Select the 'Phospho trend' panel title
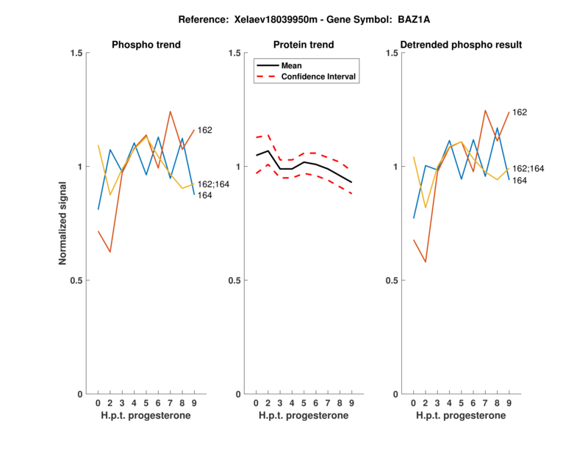pyautogui.click(x=146, y=45)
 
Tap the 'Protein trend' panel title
pyautogui.click(x=304, y=45)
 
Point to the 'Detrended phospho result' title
pyautogui.click(x=462, y=45)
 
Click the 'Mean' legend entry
pyautogui.click(x=292, y=65)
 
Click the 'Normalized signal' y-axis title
pyautogui.click(x=64, y=223)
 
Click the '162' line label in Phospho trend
pyautogui.click(x=205, y=130)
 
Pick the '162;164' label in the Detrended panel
pyautogui.click(x=528, y=169)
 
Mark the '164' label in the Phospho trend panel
pyautogui.click(x=205, y=195)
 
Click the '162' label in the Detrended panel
pyautogui.click(x=520, y=112)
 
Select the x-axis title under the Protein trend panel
pyautogui.click(x=304, y=416)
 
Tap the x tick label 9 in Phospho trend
pyautogui.click(x=194, y=403)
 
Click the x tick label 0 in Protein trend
pyautogui.click(x=256, y=403)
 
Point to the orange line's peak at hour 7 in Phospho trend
pyautogui.click(x=170, y=112)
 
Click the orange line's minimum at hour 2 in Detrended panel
pyautogui.click(x=426, y=262)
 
